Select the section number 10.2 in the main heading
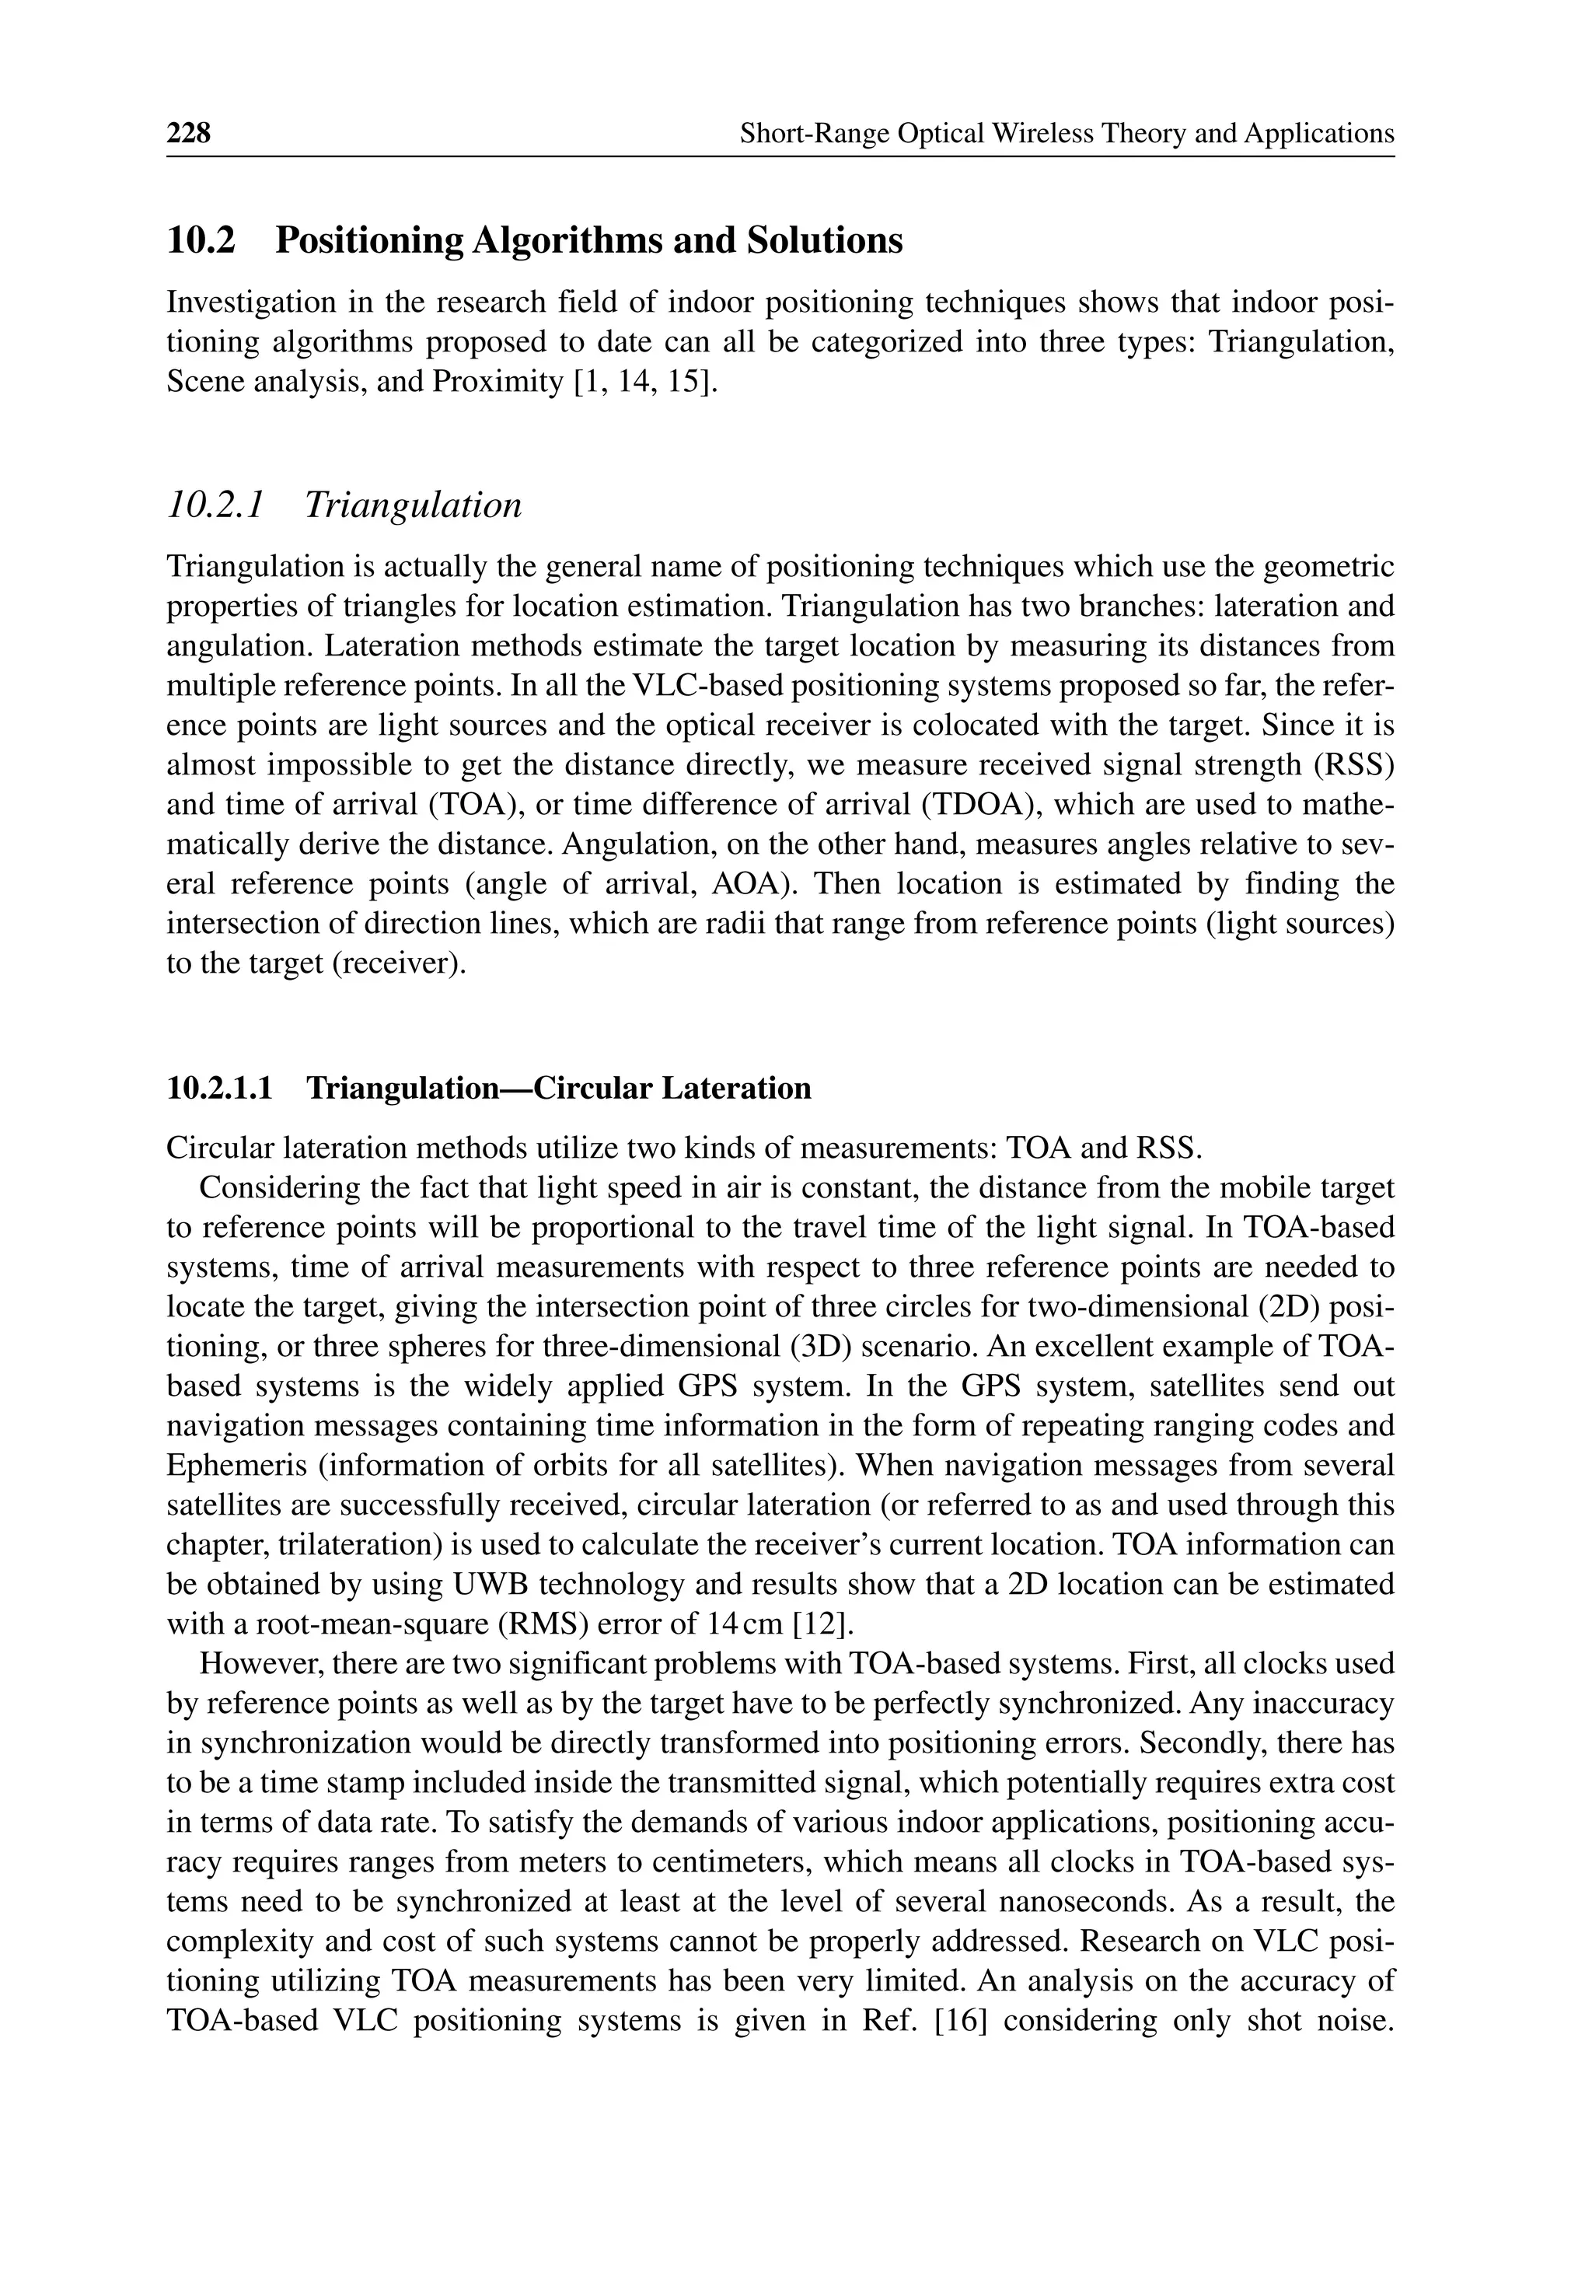point(201,241)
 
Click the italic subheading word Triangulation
point(414,505)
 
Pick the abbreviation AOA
point(749,884)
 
